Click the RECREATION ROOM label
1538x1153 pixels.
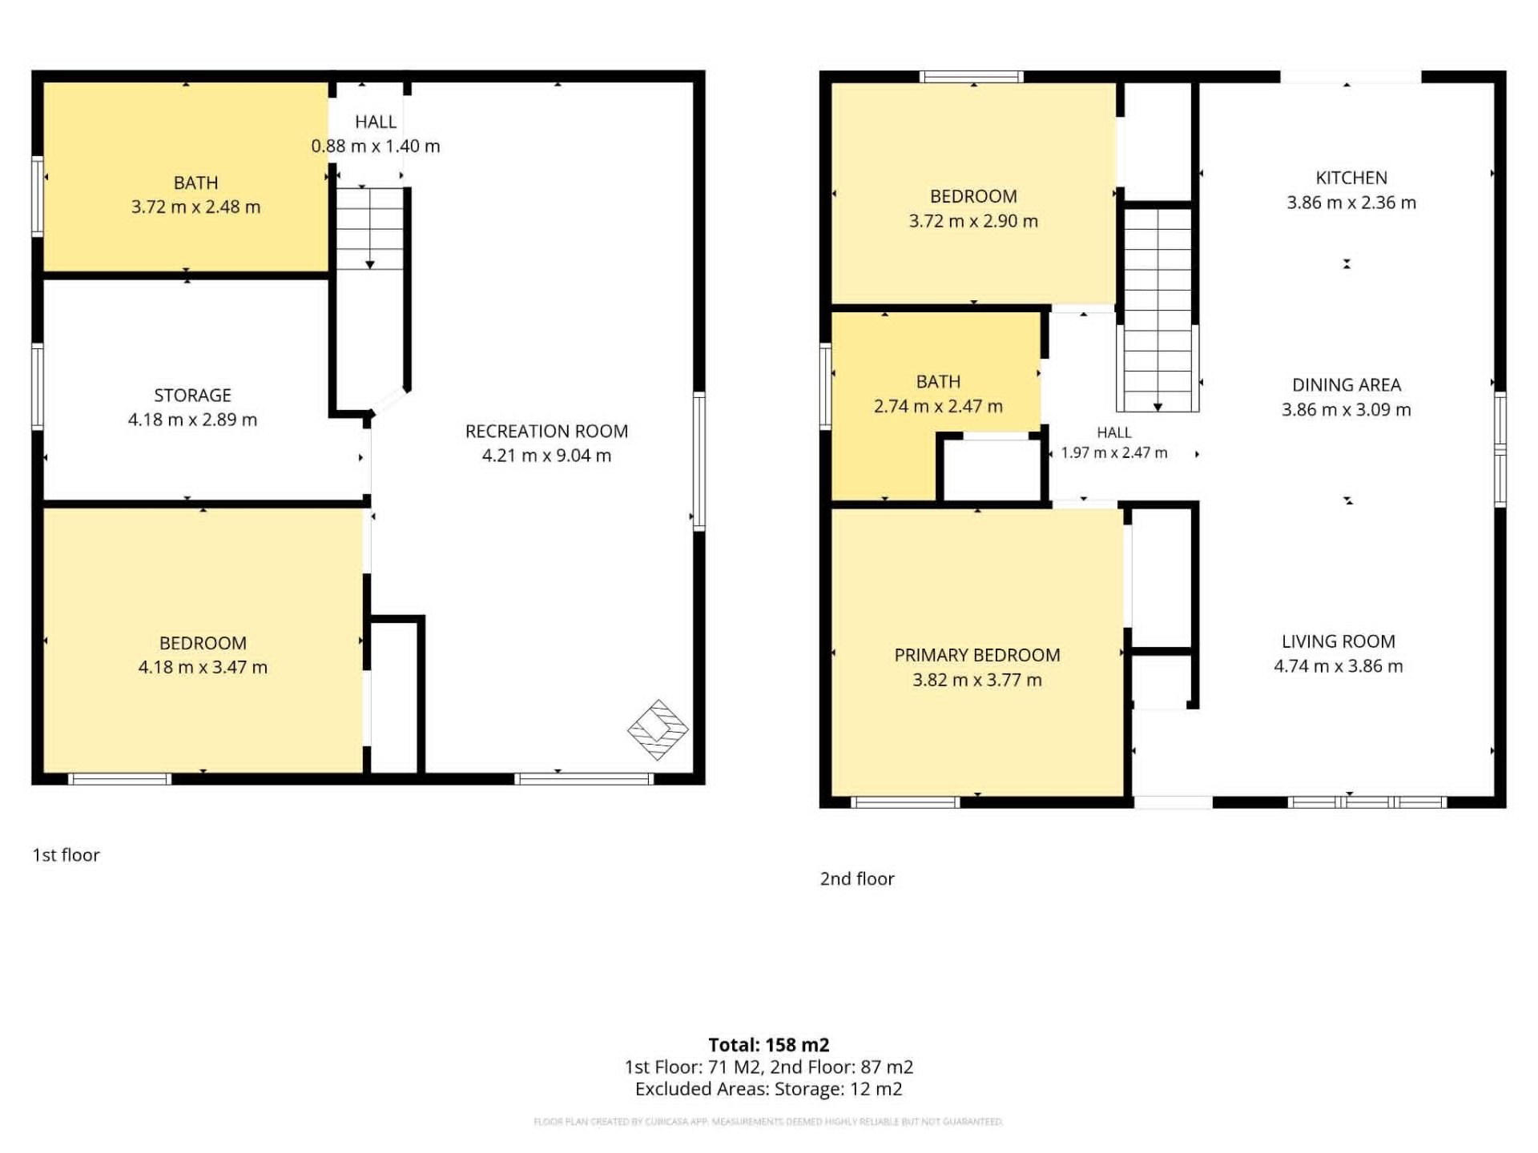[x=546, y=431]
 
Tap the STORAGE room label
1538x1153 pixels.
[x=192, y=395]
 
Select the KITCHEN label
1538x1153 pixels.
[x=1351, y=178]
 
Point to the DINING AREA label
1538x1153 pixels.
[x=1347, y=385]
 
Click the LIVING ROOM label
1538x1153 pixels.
[x=1339, y=641]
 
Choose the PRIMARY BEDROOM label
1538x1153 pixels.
[x=977, y=655]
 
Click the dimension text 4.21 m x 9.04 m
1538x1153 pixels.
[x=546, y=456]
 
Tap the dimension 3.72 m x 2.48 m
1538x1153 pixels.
[x=195, y=207]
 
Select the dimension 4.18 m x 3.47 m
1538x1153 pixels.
[x=203, y=667]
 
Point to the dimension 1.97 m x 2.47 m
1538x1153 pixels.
[x=1114, y=452]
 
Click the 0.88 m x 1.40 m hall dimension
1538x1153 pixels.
[x=376, y=146]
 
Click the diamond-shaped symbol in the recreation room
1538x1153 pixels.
[x=658, y=729]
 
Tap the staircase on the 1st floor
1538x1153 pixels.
[x=369, y=228]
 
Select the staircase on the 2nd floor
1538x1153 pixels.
[x=1158, y=310]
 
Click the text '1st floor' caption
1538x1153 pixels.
[x=66, y=855]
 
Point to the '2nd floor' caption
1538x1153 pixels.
[x=857, y=879]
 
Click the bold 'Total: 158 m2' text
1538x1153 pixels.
[x=769, y=1045]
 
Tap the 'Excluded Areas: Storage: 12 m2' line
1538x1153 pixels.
[x=769, y=1089]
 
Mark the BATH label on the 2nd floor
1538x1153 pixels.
[x=938, y=382]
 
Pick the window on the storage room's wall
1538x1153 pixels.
[x=38, y=386]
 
